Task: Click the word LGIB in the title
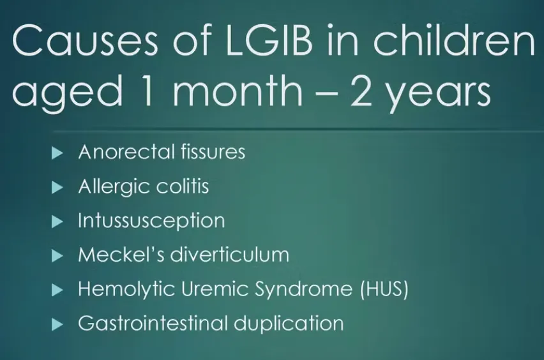269,40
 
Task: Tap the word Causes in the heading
85,40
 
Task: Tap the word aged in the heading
68,93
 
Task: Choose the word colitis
182,186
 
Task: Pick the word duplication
289,324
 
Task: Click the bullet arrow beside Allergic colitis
57,187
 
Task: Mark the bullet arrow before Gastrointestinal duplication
57,325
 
